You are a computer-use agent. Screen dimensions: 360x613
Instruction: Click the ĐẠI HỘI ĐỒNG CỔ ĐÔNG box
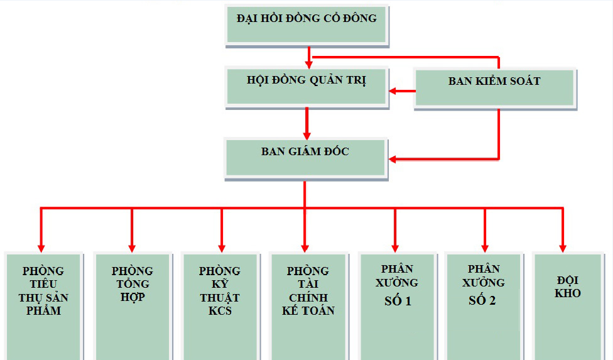coord(306,25)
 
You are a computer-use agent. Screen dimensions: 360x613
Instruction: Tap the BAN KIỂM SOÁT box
coord(494,87)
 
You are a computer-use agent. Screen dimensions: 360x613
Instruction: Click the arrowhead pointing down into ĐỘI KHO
coord(562,247)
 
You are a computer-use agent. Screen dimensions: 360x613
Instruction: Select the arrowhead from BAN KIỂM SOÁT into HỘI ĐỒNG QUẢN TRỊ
coord(393,91)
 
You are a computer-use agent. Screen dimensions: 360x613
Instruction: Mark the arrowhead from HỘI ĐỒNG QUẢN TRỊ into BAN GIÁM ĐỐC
coord(306,134)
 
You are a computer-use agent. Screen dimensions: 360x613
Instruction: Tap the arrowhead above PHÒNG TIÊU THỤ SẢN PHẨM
coord(41,247)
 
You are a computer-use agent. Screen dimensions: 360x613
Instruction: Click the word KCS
coord(220,310)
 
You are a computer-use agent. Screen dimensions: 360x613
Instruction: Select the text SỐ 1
coord(398,301)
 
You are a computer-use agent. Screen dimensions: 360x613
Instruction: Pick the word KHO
coord(568,293)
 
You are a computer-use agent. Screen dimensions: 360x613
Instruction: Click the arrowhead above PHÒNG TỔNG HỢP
coord(132,247)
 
